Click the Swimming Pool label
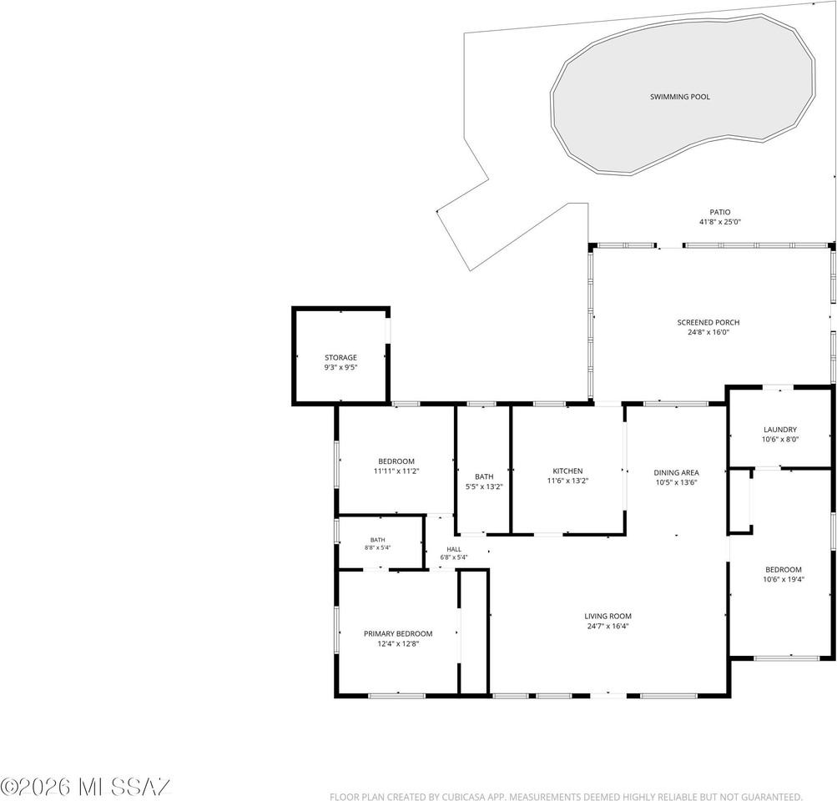point(679,97)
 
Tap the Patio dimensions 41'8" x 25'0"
point(720,222)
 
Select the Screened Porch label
point(708,322)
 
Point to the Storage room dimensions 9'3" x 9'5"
point(340,367)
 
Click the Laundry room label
point(780,430)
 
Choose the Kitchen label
point(567,471)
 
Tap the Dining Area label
point(676,473)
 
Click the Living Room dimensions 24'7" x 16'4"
point(608,626)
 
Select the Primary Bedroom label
point(398,634)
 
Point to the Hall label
point(454,549)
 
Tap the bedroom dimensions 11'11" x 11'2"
point(396,471)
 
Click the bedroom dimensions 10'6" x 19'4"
point(784,579)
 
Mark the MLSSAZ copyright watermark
point(85,787)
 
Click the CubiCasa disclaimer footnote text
point(566,797)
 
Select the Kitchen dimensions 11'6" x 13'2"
point(567,481)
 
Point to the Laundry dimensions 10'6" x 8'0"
point(780,440)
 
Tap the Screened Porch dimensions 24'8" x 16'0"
point(708,332)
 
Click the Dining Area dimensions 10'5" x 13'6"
point(676,482)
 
